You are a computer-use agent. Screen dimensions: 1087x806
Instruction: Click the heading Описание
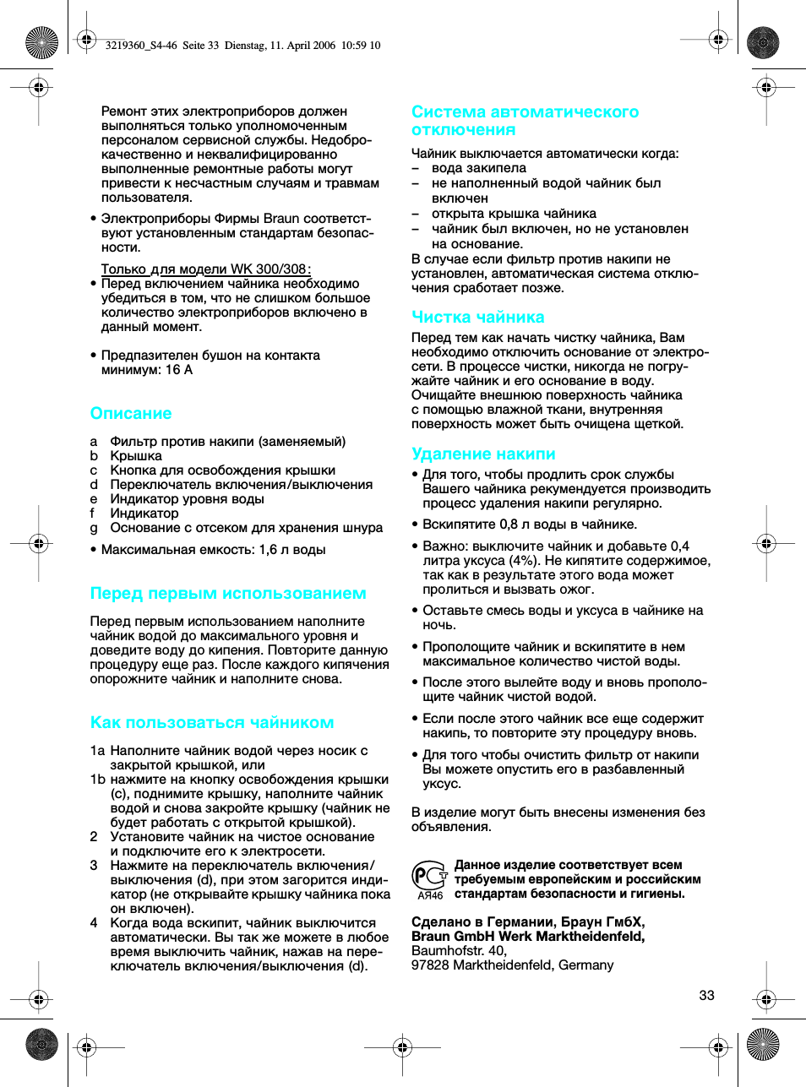(x=131, y=414)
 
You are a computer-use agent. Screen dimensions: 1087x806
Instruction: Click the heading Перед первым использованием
(x=228, y=594)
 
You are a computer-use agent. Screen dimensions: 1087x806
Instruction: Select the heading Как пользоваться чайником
(x=212, y=723)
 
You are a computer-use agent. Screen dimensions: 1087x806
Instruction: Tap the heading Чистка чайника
(x=477, y=318)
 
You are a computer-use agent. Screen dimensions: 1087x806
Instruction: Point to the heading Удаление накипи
(x=483, y=454)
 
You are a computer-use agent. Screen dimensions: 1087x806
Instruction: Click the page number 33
(x=706, y=996)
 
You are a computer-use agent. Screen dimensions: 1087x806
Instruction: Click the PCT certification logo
(x=429, y=874)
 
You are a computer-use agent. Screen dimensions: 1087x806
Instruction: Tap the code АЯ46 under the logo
(x=430, y=895)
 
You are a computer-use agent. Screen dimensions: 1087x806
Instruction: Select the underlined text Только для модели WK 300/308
(x=204, y=269)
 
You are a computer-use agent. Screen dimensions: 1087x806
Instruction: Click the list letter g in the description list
(x=94, y=528)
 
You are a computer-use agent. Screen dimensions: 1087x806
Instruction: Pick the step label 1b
(x=97, y=780)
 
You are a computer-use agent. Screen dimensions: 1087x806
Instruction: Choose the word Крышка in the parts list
(x=136, y=456)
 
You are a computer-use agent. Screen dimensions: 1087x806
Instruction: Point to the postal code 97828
(x=430, y=965)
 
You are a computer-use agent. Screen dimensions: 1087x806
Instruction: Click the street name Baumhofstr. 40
(x=458, y=951)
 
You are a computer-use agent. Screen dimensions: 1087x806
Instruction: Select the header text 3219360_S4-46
(x=141, y=46)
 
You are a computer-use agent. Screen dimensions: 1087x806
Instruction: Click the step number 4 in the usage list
(x=94, y=923)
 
